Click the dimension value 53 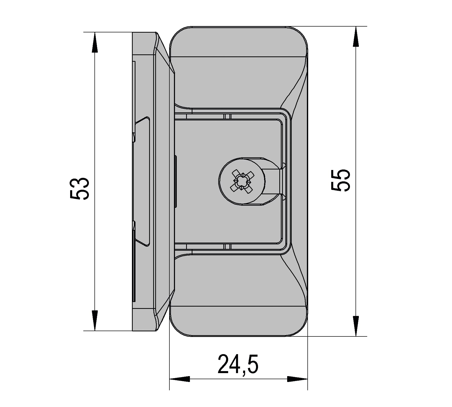pyautogui.click(x=79, y=188)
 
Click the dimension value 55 pyautogui.click(x=341, y=180)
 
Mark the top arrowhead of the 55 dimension pyautogui.click(x=356, y=36)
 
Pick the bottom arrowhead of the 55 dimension pyautogui.click(x=356, y=326)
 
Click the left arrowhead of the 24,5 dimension pyautogui.click(x=180, y=386)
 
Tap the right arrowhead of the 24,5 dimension pyautogui.click(x=297, y=386)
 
